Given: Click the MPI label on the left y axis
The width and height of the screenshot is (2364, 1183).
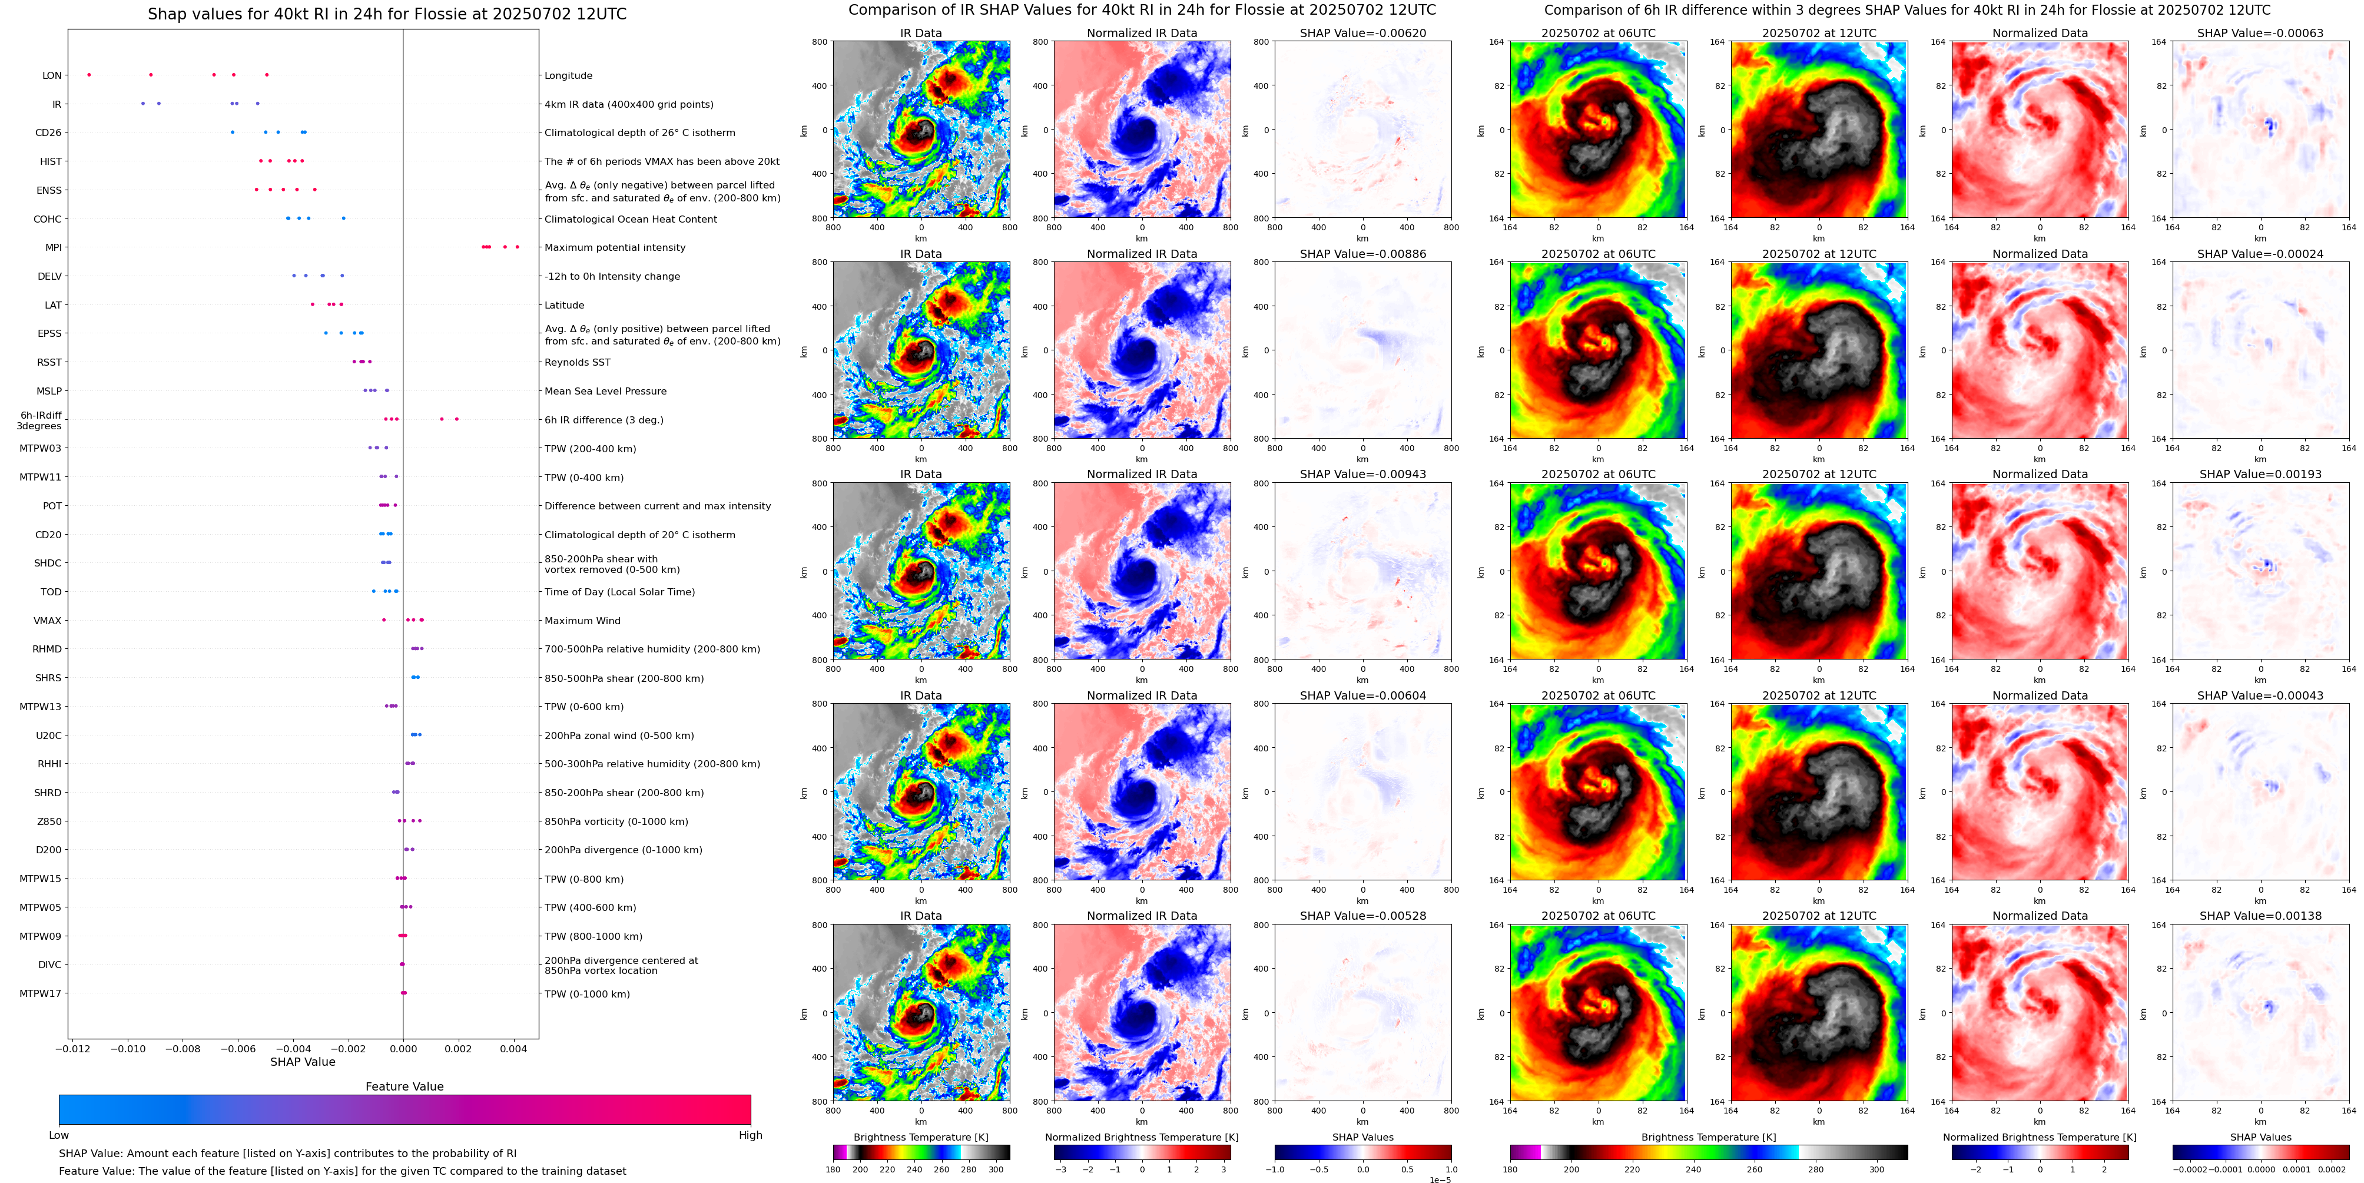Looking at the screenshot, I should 53,248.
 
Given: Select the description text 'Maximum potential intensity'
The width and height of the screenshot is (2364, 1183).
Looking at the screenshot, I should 614,248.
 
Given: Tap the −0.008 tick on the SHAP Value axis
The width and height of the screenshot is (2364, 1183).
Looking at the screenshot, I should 182,1049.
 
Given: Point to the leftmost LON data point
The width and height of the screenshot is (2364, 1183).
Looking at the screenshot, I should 89,74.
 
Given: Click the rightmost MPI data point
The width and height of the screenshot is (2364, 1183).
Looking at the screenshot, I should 518,247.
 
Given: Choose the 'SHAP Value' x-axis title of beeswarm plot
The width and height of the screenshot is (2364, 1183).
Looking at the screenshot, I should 302,1062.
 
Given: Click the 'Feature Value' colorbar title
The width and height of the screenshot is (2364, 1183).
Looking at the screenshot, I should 404,1086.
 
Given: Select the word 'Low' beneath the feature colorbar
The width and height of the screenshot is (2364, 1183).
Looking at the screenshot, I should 59,1135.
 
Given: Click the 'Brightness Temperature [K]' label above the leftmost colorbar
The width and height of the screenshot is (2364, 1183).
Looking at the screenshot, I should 920,1137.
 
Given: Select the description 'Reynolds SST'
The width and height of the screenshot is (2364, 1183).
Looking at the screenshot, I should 576,363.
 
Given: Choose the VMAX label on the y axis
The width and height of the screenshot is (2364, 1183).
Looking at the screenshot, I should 48,621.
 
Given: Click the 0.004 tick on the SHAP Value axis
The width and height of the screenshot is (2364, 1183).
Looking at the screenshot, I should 513,1049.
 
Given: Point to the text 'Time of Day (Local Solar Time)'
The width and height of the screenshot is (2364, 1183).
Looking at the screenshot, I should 619,592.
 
